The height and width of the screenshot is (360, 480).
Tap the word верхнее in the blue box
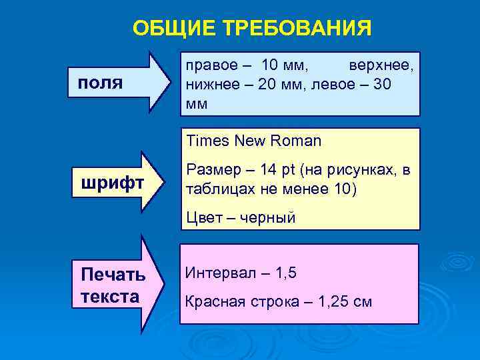tap(381, 66)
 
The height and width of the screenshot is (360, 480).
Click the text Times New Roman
tap(254, 141)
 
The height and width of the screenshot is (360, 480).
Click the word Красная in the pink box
tap(213, 302)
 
